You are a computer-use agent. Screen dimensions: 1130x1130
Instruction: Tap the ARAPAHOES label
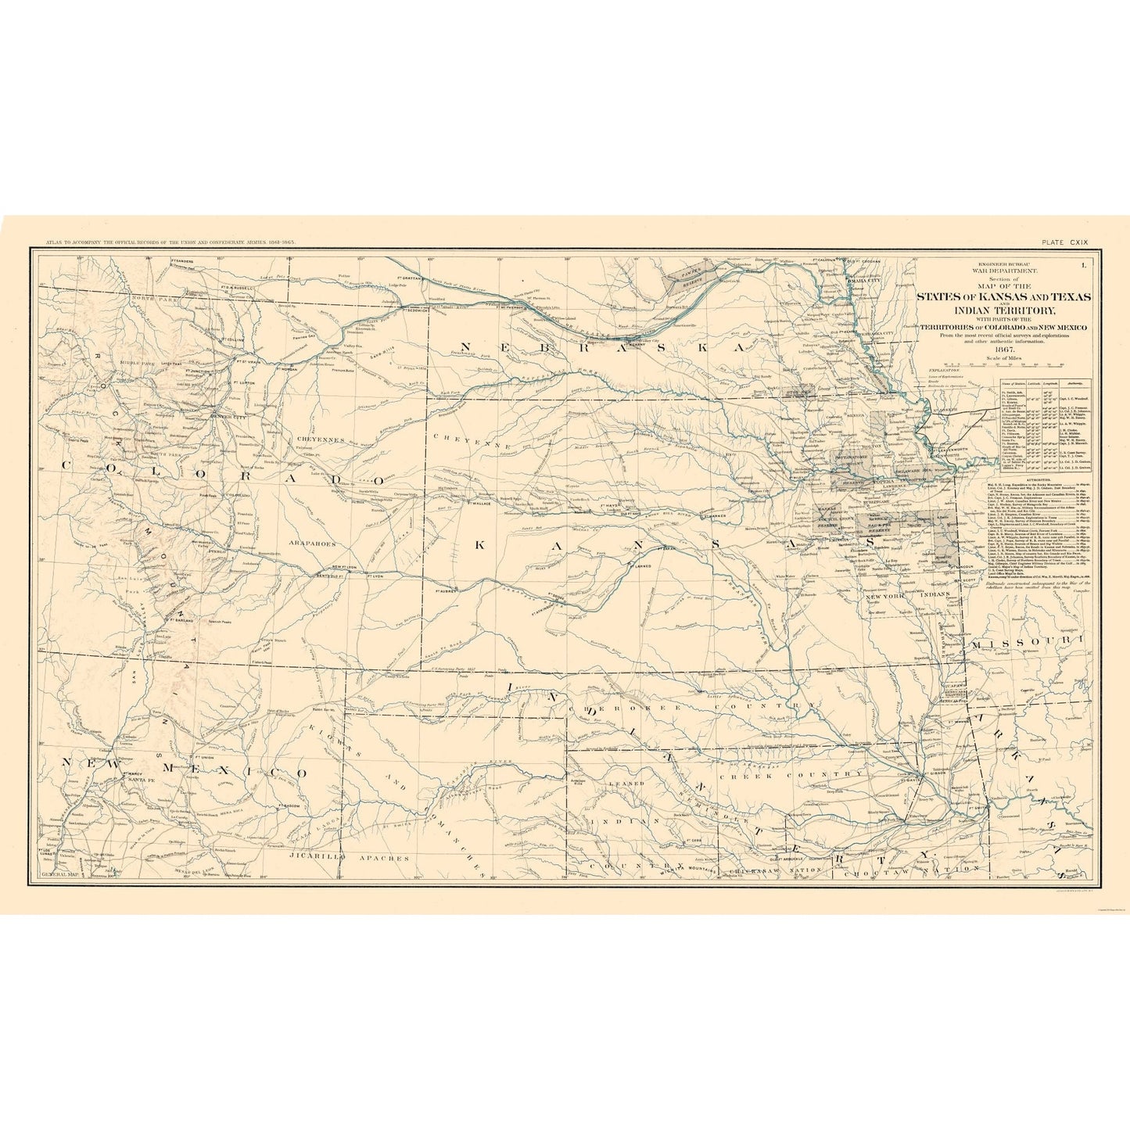pos(313,542)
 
